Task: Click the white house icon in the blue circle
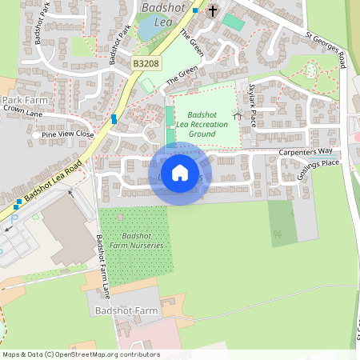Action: [180, 173]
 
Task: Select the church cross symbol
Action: [213, 11]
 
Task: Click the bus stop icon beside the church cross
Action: [195, 10]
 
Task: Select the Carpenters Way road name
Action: [305, 151]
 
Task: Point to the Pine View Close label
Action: [67, 134]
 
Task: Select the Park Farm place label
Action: [25, 99]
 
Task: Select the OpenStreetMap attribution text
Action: [80, 354]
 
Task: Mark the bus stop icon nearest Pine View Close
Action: [114, 118]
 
